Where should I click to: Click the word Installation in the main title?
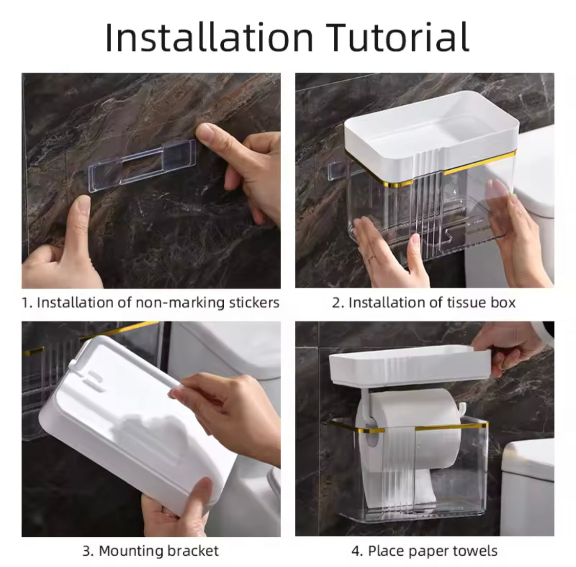coord(209,37)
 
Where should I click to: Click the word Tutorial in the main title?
coord(397,37)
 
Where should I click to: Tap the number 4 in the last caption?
coord(356,551)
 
